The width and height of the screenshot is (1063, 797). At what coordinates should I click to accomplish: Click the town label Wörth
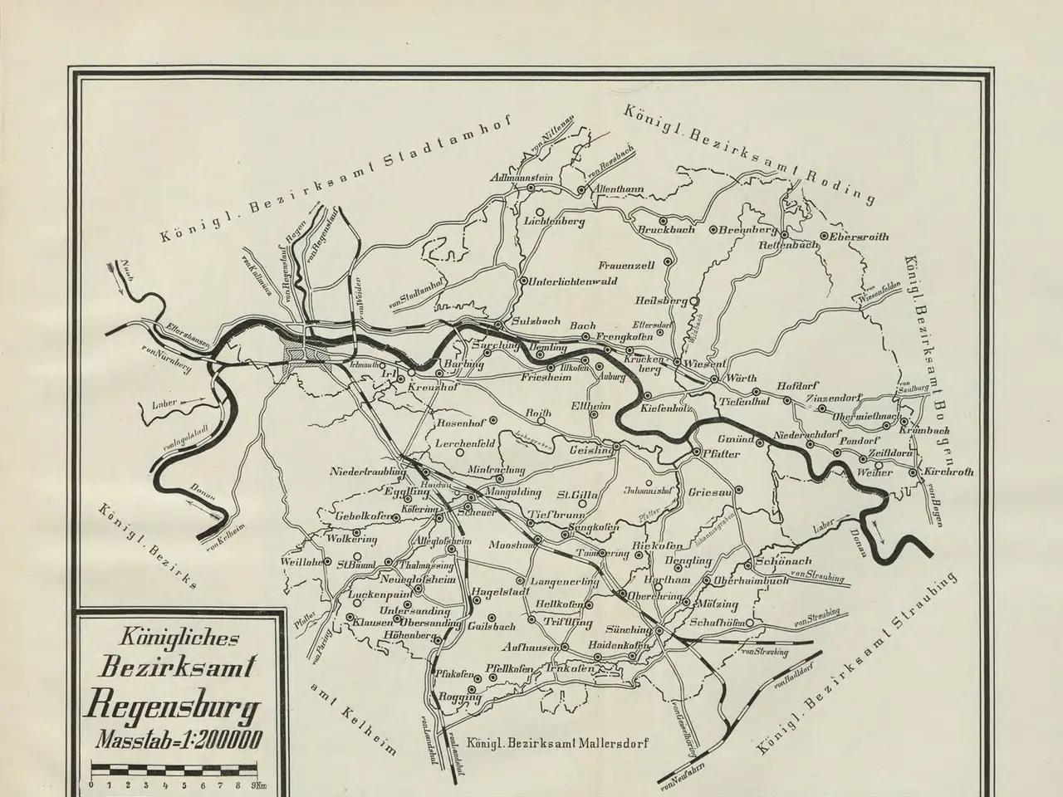(x=742, y=379)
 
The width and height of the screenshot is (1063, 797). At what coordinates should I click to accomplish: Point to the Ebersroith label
(x=858, y=237)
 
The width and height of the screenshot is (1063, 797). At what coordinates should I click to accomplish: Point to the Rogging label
(x=460, y=697)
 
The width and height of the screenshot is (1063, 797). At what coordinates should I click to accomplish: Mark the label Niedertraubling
(x=368, y=472)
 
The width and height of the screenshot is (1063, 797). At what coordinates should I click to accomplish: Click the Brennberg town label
(x=747, y=229)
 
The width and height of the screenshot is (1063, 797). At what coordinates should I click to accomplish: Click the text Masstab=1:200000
(x=178, y=739)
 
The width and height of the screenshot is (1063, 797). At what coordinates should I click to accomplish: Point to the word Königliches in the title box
(x=169, y=638)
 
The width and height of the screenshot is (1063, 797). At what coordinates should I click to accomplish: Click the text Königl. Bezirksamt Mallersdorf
(x=556, y=744)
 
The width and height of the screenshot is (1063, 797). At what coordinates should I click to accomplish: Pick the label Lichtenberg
(x=556, y=222)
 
